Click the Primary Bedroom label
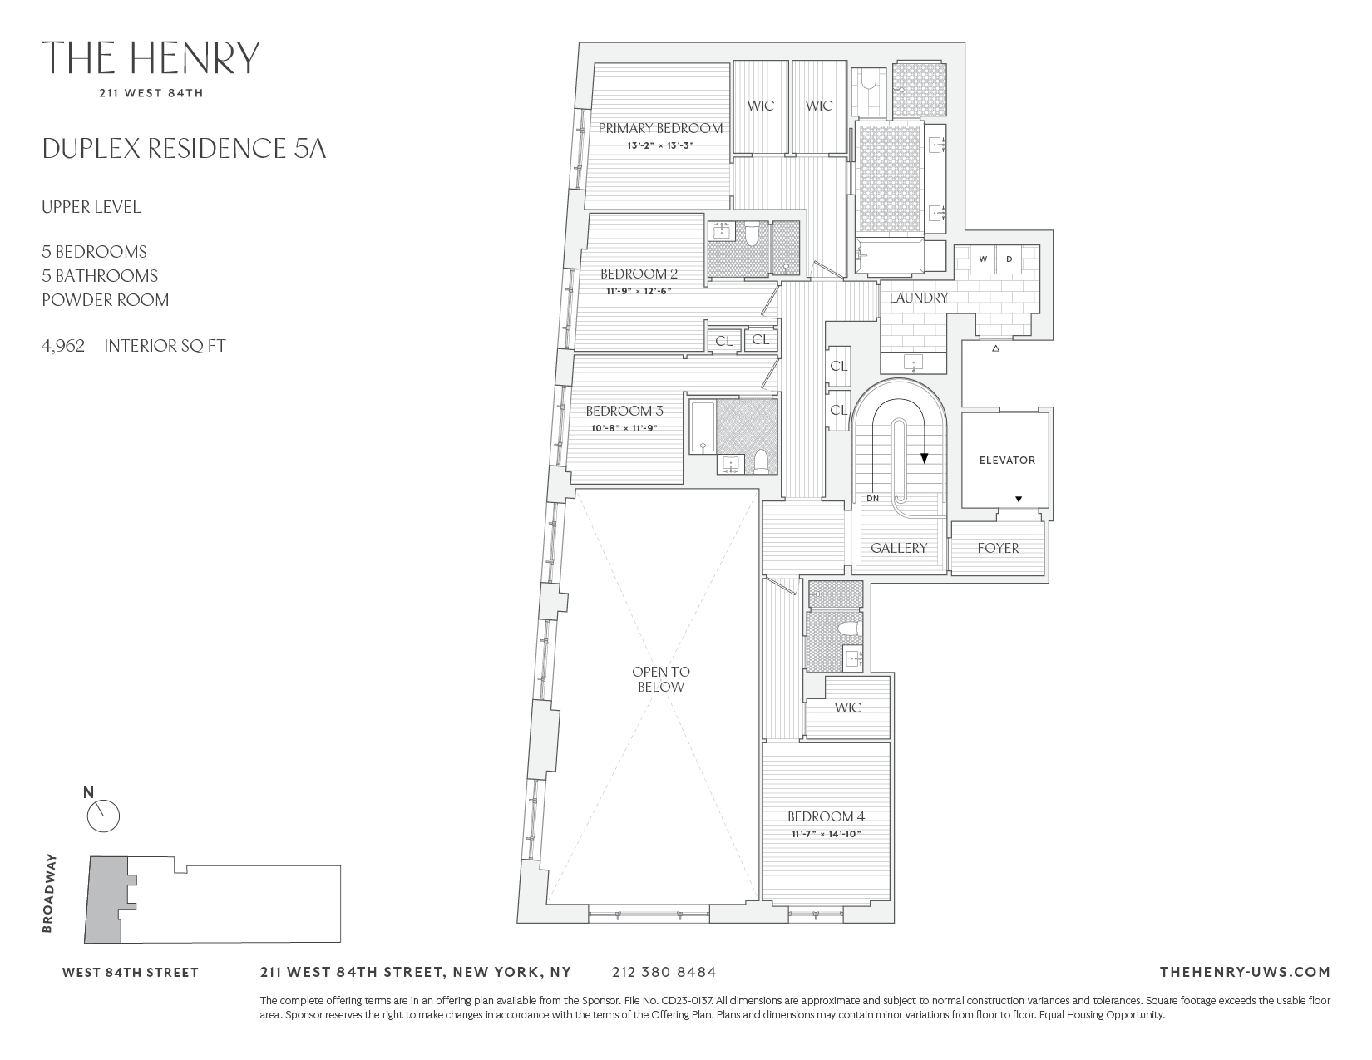tap(660, 128)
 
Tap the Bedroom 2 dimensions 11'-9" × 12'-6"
tap(639, 291)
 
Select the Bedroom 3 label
tap(624, 411)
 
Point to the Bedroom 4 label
tap(826, 816)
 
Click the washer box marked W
tap(983, 259)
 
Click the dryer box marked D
tap(1009, 259)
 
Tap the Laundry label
tap(918, 298)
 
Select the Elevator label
tap(1007, 460)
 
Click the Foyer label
tap(998, 548)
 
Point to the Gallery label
tap(898, 548)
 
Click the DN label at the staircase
tap(872, 499)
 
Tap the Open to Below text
tap(661, 679)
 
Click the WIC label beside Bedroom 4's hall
tap(847, 707)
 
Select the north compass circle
tap(104, 816)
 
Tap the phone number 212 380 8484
tap(664, 972)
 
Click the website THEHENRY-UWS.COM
tap(1244, 972)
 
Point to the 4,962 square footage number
tap(63, 346)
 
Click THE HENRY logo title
tap(151, 57)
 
